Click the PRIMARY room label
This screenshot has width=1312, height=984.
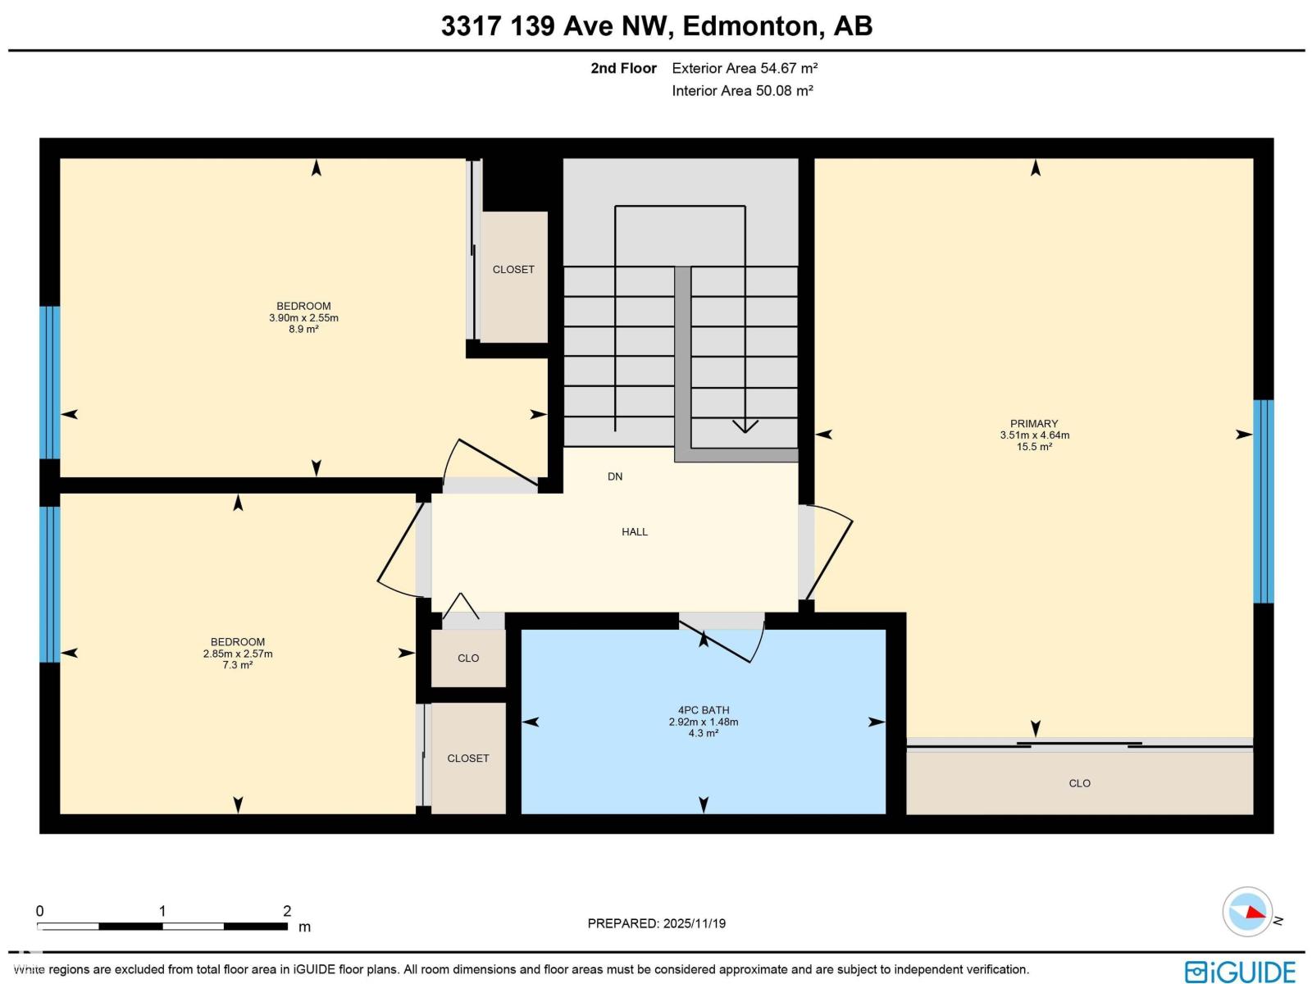pyautogui.click(x=1034, y=424)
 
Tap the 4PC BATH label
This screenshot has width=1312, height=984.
pyautogui.click(x=704, y=710)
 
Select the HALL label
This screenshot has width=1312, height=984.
pyautogui.click(x=635, y=531)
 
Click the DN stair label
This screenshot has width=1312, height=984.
pyautogui.click(x=615, y=476)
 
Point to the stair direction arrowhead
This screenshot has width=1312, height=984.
pyautogui.click(x=745, y=426)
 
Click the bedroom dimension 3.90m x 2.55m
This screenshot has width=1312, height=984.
pyautogui.click(x=303, y=318)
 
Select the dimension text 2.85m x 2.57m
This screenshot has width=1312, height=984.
pyautogui.click(x=238, y=654)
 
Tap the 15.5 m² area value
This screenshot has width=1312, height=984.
pyautogui.click(x=1034, y=447)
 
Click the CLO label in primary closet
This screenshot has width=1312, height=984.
pyautogui.click(x=1079, y=783)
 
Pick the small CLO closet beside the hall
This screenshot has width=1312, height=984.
pyautogui.click(x=468, y=658)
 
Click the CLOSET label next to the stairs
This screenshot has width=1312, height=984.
pyautogui.click(x=513, y=269)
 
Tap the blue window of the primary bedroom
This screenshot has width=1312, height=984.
pyautogui.click(x=1264, y=501)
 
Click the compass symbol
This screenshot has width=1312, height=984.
pyautogui.click(x=1247, y=911)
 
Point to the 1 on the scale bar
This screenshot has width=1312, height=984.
pyautogui.click(x=162, y=910)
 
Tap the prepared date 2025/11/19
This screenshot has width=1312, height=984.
pyautogui.click(x=695, y=923)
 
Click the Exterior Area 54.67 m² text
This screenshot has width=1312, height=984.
pyautogui.click(x=745, y=68)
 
